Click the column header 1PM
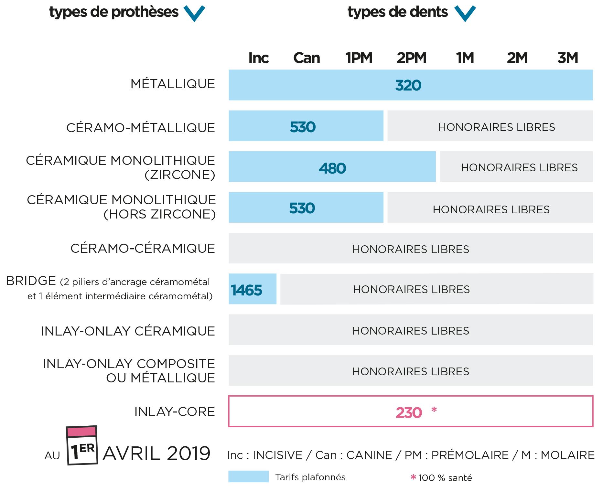point(359,58)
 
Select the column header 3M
point(568,58)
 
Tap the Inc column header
point(258,58)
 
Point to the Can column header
point(307,58)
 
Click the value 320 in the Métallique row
point(408,85)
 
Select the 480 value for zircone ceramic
point(332,168)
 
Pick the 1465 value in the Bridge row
point(246,290)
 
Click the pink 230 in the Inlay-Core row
point(409,413)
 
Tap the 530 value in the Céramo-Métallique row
point(303,127)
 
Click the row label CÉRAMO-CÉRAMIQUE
point(143,248)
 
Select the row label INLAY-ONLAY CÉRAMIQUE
point(128,331)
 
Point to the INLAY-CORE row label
point(175,411)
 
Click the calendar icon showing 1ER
point(82,445)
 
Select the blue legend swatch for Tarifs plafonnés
point(248,476)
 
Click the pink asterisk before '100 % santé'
point(413,477)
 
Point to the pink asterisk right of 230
point(434,410)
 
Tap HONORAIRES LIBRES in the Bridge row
point(411,289)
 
